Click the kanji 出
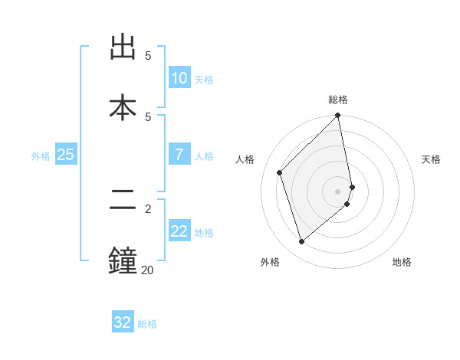[123, 48]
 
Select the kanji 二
[123, 201]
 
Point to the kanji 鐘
[123, 259]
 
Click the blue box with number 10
[179, 78]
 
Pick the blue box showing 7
[179, 155]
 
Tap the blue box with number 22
[179, 231]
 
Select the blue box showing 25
[66, 155]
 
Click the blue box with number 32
[123, 322]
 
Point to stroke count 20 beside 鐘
[146, 270]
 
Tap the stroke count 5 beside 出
[148, 56]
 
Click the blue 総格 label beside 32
[147, 324]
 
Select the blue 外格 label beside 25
[41, 156]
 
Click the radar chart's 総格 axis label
[338, 100]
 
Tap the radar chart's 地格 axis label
[402, 263]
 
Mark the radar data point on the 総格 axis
[338, 116]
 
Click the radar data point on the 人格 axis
[280, 172]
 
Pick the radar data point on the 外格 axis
[302, 241]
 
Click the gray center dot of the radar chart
[338, 191]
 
